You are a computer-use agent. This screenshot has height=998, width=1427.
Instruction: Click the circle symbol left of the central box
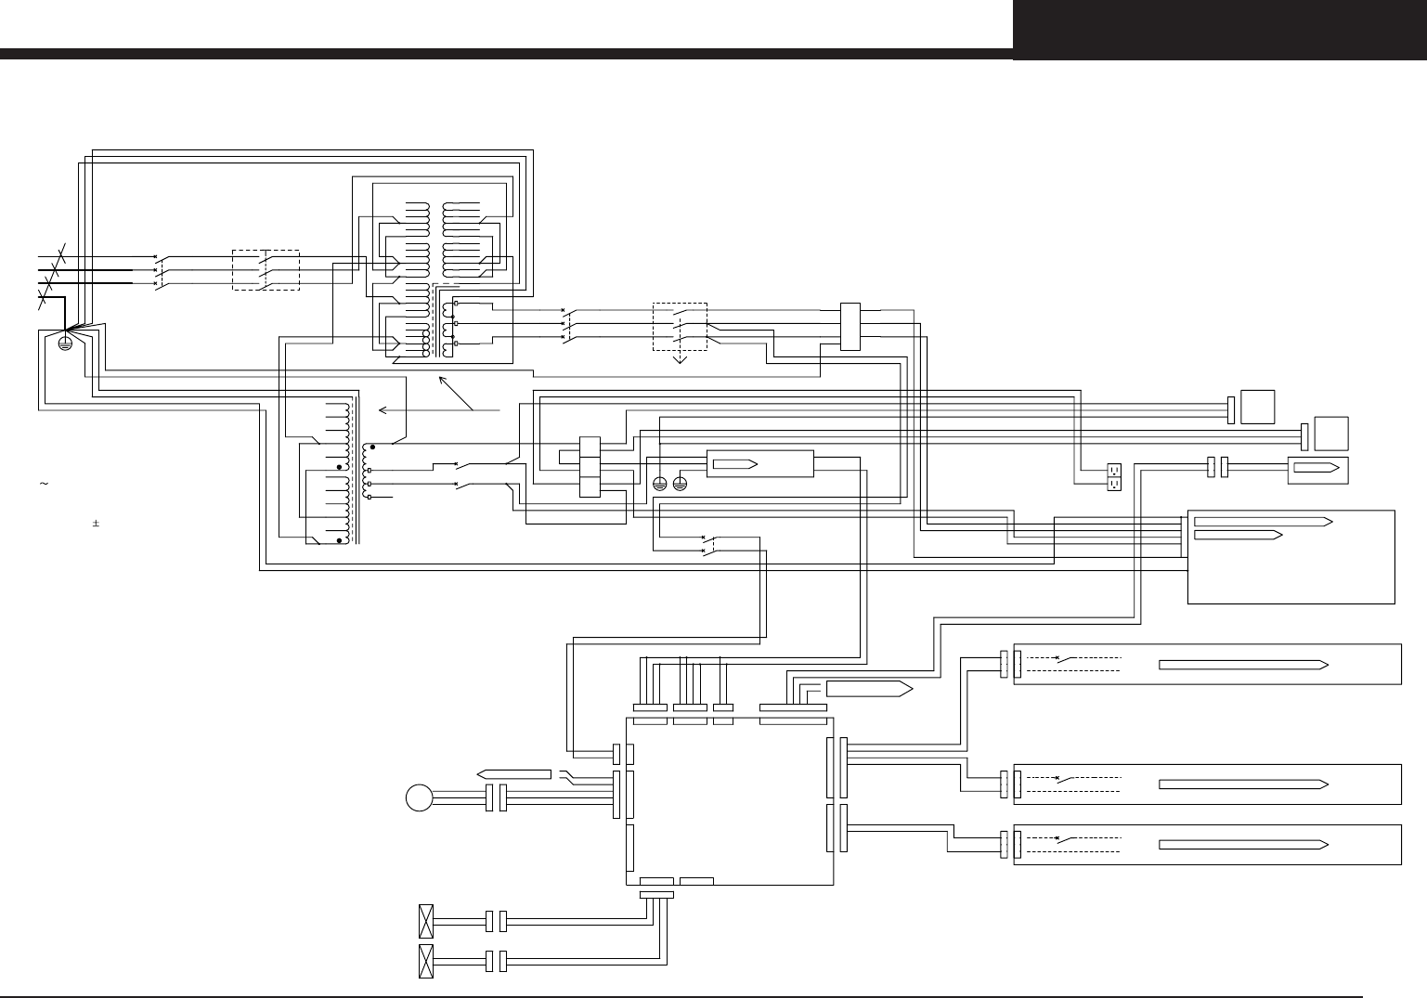tap(420, 797)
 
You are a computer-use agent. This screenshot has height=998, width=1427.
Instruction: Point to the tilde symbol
tap(43, 484)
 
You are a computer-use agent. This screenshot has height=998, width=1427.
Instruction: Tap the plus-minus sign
tap(95, 524)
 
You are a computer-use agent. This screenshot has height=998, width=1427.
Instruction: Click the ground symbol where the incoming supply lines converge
tap(65, 343)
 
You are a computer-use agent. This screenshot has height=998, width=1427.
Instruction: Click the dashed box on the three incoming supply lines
tap(265, 269)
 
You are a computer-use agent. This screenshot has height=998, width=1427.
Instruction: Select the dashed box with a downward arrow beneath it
tap(681, 325)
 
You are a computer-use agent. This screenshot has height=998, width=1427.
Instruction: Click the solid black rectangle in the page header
tap(1219, 30)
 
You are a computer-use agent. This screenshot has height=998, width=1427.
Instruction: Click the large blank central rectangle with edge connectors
tap(730, 800)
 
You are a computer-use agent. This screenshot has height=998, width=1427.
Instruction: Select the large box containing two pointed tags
tap(1291, 556)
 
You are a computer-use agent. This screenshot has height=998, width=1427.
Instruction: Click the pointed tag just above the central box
tap(864, 689)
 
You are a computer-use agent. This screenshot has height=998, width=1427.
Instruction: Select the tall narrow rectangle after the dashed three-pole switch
tap(850, 326)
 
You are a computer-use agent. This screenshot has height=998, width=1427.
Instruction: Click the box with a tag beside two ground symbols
tap(760, 463)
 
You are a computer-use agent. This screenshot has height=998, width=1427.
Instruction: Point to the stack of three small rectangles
tap(590, 467)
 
